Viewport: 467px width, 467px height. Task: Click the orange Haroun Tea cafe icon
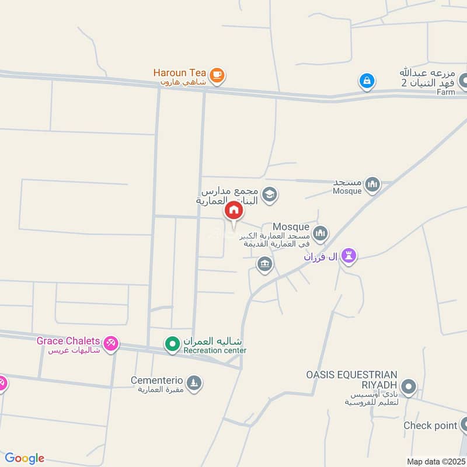(217, 74)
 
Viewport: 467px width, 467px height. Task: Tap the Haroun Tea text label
(179, 73)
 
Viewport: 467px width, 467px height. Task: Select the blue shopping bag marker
(367, 81)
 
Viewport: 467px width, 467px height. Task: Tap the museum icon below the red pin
(265, 264)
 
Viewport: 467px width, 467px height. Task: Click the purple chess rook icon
(348, 256)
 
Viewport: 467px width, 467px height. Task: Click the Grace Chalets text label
(68, 341)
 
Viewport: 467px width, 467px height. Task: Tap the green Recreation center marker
(172, 345)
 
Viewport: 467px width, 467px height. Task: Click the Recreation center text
(215, 350)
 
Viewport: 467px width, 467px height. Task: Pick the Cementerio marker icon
(194, 384)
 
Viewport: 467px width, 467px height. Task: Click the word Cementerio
(157, 380)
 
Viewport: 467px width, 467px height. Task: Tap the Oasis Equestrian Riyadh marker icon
(409, 386)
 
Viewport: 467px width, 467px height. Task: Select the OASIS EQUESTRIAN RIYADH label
(352, 379)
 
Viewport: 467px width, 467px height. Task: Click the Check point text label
(430, 426)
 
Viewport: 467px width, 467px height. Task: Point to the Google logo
(25, 458)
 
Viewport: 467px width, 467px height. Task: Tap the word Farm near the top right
(445, 92)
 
